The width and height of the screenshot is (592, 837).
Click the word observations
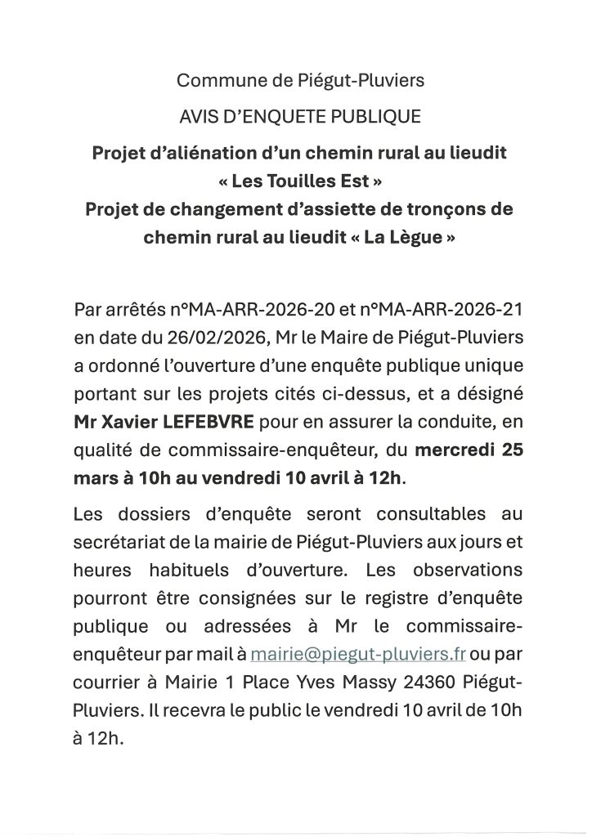[x=462, y=567]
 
